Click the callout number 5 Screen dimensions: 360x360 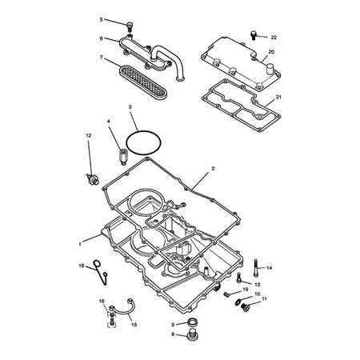[101, 19]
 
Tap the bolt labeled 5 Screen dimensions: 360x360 [130, 26]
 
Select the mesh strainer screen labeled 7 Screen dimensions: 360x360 [143, 82]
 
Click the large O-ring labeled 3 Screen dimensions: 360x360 [144, 142]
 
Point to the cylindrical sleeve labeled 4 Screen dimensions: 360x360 [123, 157]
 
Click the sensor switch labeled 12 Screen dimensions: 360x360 [93, 178]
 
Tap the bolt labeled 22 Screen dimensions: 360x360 [254, 35]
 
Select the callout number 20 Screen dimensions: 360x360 [271, 52]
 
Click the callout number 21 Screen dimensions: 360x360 [278, 97]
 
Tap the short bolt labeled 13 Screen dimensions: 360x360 [239, 278]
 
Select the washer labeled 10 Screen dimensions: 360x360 [238, 302]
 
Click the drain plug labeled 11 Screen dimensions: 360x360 [245, 307]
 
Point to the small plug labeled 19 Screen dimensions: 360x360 [226, 294]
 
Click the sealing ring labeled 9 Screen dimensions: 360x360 [192, 322]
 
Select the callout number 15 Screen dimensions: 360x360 [134, 325]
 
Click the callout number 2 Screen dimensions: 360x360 [213, 169]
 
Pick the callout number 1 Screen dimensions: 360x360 [80, 244]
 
